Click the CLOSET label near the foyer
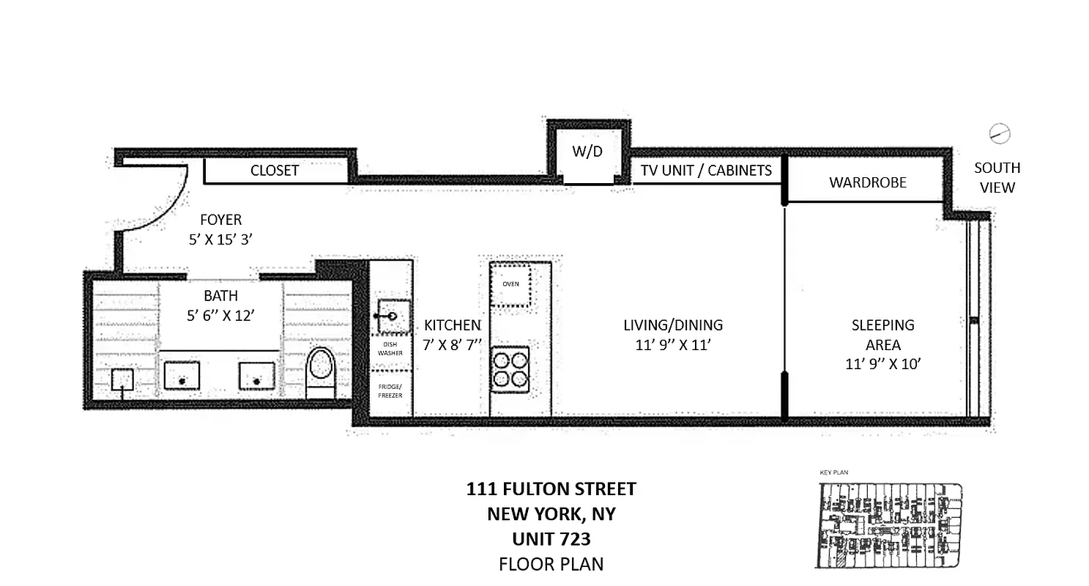275,171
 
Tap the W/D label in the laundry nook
587,152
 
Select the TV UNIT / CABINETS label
706,171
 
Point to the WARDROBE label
868,182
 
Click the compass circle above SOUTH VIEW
999,133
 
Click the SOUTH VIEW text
997,177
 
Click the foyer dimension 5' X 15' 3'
220,239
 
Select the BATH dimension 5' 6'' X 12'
220,316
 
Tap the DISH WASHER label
390,349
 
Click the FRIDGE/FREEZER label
390,390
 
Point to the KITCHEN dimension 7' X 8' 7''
452,344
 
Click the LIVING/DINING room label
673,325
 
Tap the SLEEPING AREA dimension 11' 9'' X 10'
882,363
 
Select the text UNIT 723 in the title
551,539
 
